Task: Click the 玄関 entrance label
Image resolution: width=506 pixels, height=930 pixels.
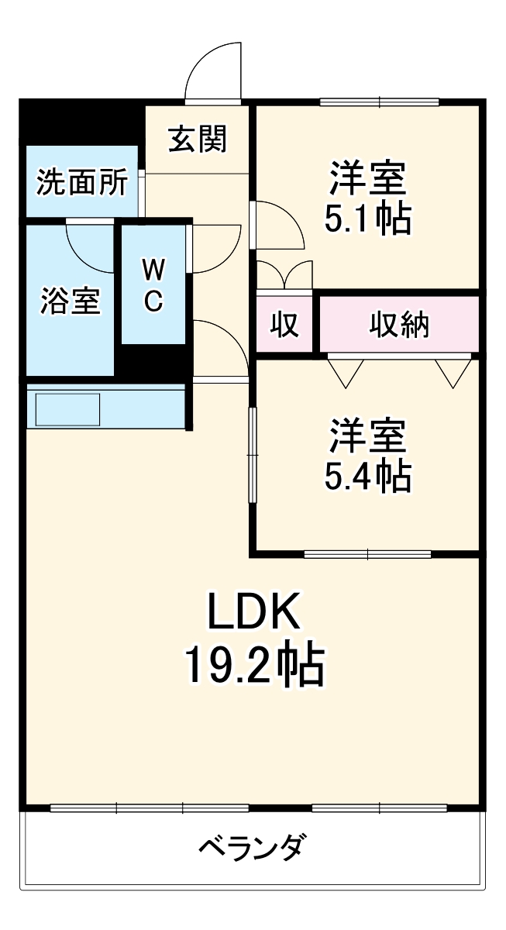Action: [198, 139]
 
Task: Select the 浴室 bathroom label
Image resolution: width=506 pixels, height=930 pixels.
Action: [71, 301]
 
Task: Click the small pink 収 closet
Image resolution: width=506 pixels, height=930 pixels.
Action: [284, 325]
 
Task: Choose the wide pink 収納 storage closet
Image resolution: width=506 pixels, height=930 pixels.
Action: [398, 325]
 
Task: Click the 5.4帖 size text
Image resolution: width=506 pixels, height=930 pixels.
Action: [367, 477]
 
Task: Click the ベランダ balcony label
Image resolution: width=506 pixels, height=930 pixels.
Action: [252, 846]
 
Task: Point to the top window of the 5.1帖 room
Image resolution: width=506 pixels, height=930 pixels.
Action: [379, 101]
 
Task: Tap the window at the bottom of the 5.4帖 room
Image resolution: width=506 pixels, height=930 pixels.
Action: [367, 554]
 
